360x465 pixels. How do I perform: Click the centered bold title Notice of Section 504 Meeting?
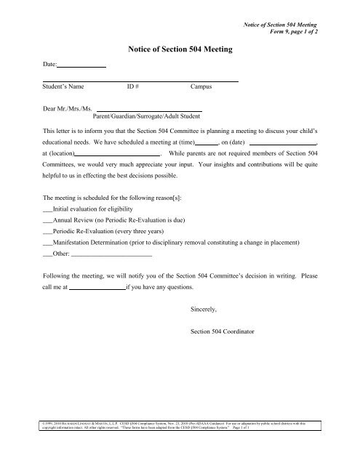180,49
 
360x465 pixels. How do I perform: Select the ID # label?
133,86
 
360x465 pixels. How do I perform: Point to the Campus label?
201,86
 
